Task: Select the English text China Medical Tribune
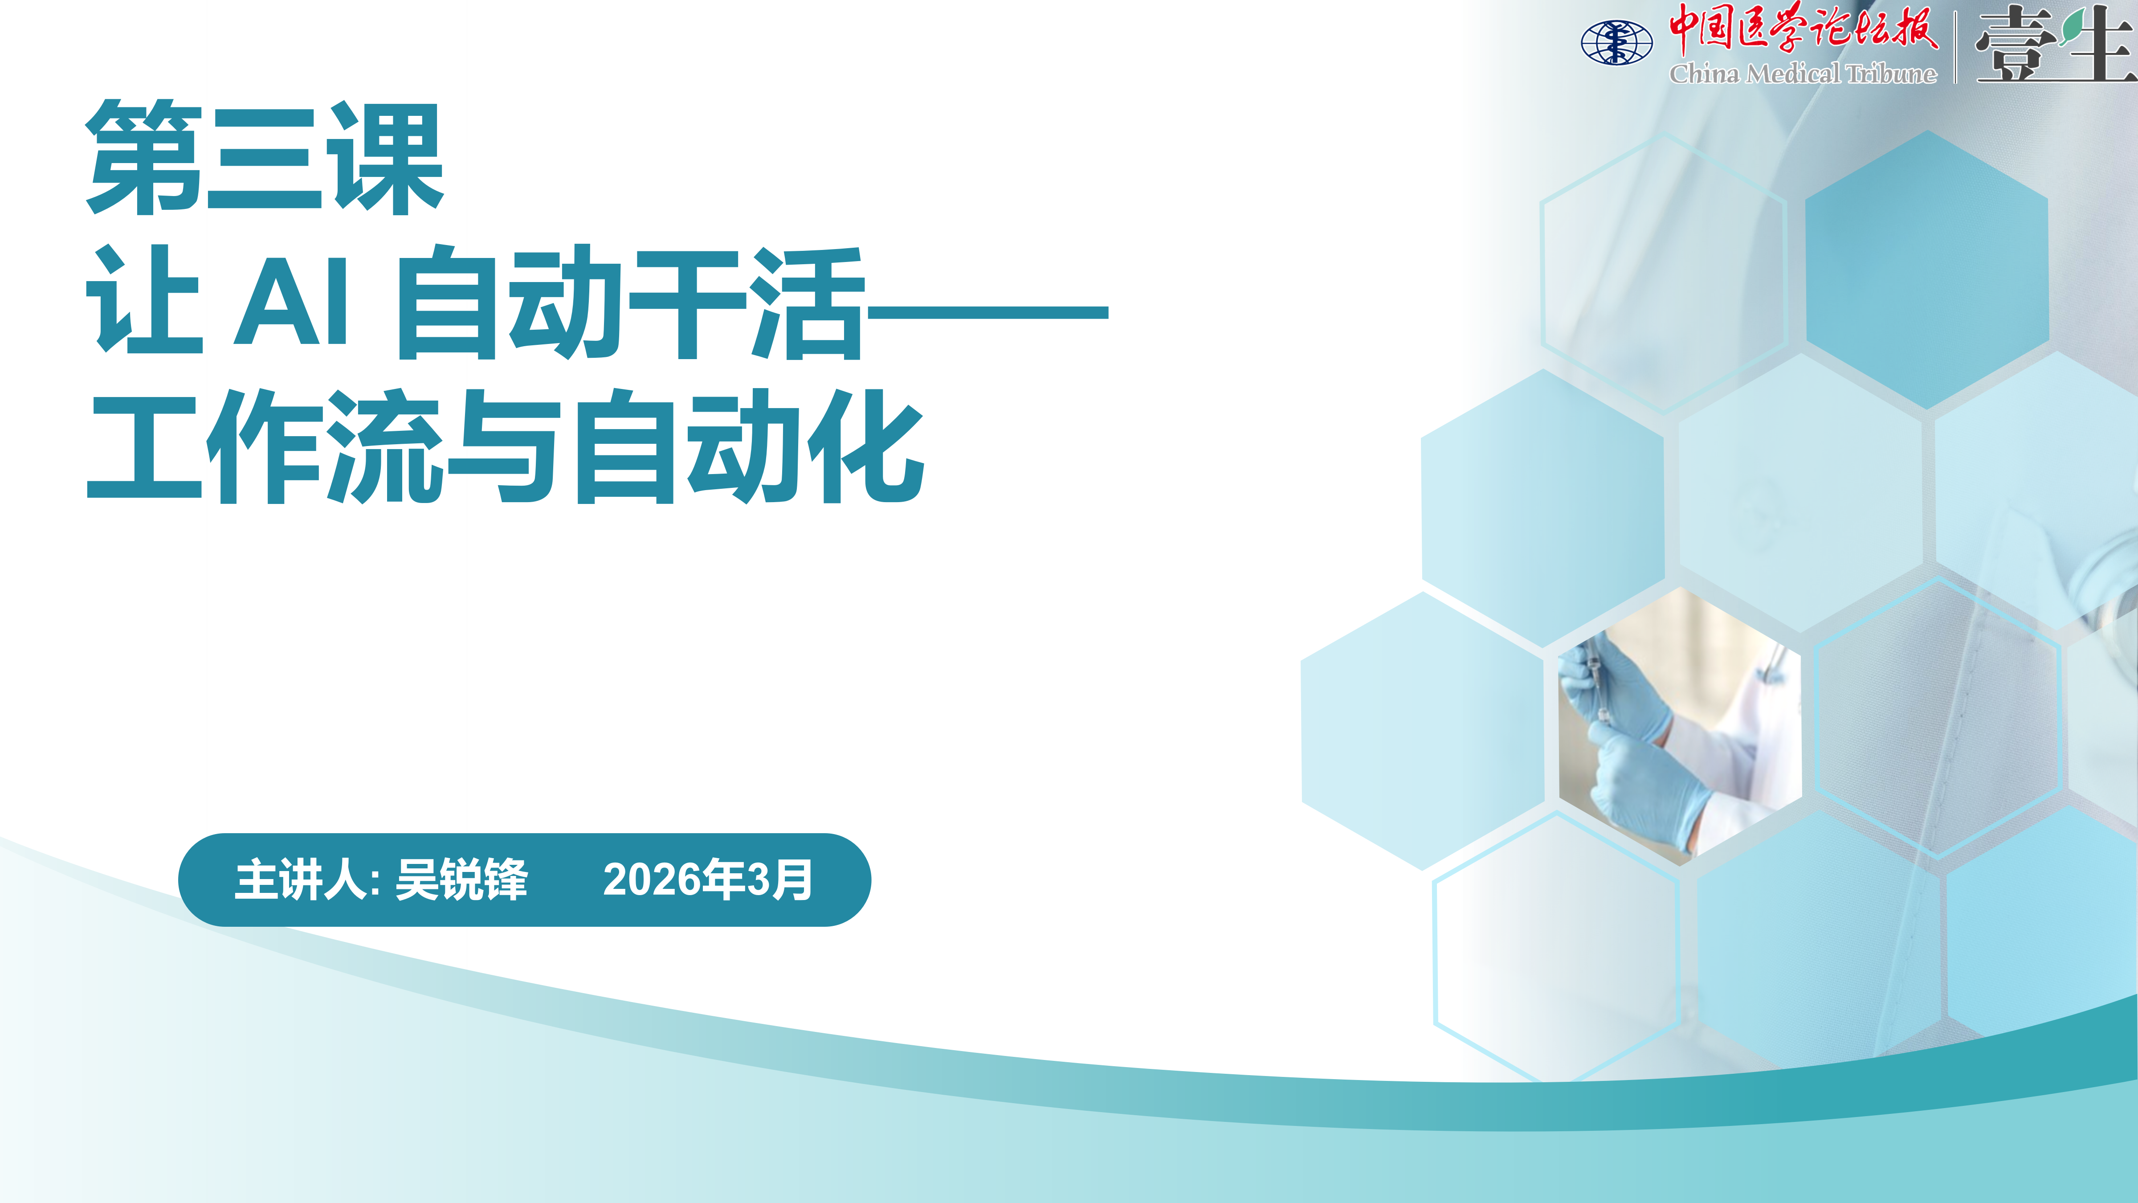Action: click(x=1803, y=74)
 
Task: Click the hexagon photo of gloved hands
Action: click(x=1680, y=726)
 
